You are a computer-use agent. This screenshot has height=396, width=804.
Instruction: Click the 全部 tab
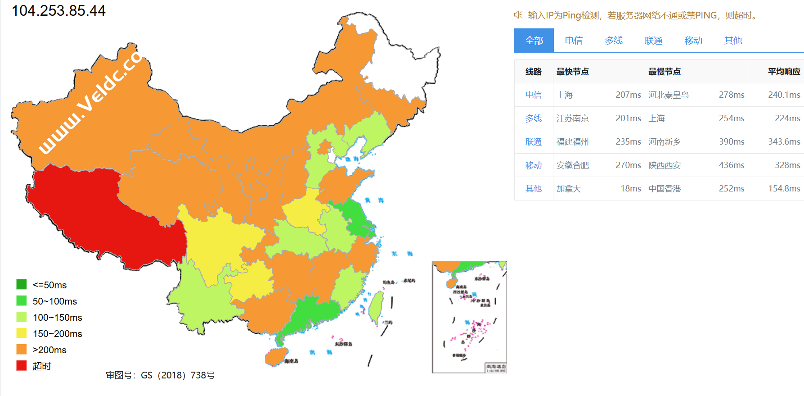534,41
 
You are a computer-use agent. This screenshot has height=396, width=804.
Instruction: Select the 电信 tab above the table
574,41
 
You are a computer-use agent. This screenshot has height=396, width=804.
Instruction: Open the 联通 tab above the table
653,41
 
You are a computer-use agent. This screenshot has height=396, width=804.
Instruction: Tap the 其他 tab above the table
733,41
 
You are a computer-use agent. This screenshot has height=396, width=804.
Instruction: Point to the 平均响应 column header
784,72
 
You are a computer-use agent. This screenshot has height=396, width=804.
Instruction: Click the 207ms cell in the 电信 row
628,95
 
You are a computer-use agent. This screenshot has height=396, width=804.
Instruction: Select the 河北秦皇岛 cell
669,95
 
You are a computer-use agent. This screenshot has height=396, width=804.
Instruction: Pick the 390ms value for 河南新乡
732,142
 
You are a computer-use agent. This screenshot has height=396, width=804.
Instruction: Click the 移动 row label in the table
534,165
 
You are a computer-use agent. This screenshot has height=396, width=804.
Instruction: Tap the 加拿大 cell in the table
569,189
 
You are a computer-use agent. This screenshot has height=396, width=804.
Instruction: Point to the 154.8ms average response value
784,189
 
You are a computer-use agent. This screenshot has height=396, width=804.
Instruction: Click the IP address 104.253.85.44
58,11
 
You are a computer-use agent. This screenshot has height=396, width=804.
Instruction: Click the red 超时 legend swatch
22,366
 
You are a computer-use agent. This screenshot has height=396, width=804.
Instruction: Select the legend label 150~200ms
57,334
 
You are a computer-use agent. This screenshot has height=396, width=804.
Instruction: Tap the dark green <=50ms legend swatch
22,285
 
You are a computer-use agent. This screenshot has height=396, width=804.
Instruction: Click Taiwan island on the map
376,306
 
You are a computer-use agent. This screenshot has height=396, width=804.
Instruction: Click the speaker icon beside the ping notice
518,15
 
